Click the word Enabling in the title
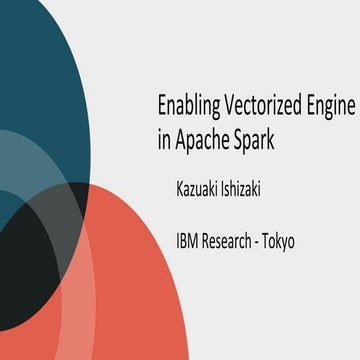pyautogui.click(x=190, y=105)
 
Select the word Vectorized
pyautogui.click(x=255, y=105)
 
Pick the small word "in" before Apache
pyautogui.click(x=165, y=141)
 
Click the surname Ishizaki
pyautogui.click(x=251, y=188)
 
